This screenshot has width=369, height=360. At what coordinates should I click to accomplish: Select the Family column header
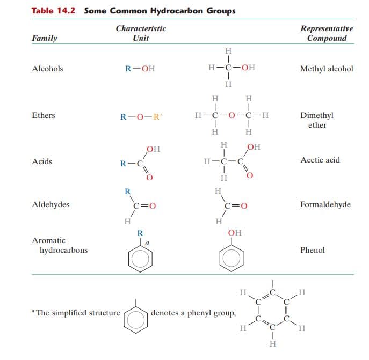(45, 38)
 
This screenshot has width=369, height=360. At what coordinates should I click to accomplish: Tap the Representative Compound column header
(327, 33)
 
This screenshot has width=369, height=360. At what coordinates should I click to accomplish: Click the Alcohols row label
(48, 69)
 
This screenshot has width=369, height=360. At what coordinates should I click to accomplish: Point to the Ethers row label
(44, 115)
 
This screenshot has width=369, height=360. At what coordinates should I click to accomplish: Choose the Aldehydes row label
(50, 204)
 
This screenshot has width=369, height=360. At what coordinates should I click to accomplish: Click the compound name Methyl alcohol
(327, 69)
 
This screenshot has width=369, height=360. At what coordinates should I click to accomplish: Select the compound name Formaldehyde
(325, 204)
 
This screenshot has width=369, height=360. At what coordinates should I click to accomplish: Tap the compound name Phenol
(313, 250)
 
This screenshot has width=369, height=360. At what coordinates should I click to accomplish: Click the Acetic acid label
(320, 160)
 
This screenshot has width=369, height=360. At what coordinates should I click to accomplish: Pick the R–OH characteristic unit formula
(140, 69)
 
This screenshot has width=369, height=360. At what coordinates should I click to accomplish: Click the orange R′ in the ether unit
(157, 116)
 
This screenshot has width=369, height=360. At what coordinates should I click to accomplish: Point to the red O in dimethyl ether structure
(231, 115)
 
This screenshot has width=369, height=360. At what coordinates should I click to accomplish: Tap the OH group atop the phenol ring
(235, 233)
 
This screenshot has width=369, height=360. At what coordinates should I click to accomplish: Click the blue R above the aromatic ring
(140, 233)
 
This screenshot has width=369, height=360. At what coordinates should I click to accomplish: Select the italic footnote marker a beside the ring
(147, 243)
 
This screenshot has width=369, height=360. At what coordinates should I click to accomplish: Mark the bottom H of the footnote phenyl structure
(273, 344)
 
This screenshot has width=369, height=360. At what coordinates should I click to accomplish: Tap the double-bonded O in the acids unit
(150, 177)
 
